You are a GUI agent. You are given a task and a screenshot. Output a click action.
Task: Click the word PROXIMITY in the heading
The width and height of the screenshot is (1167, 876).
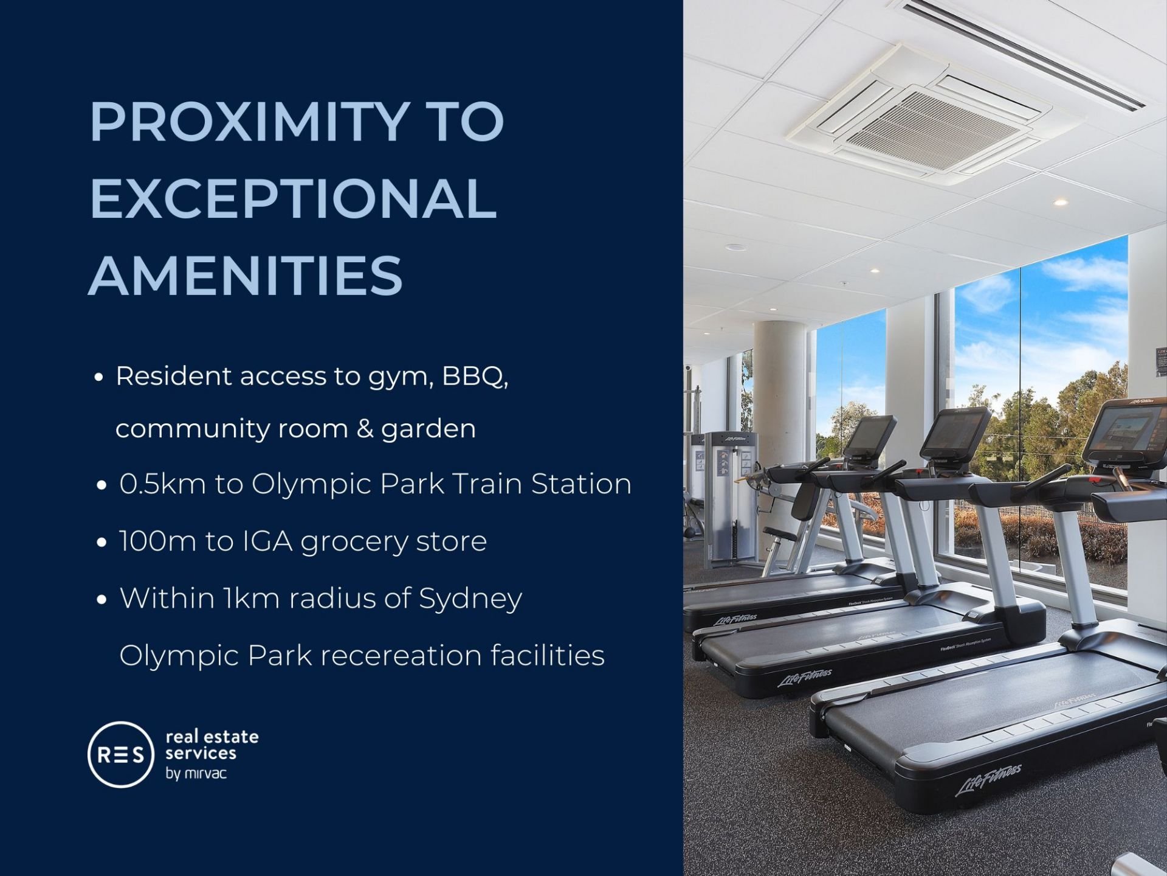tap(248, 122)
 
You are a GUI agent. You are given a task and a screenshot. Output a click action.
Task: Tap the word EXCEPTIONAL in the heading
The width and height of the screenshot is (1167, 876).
tap(294, 198)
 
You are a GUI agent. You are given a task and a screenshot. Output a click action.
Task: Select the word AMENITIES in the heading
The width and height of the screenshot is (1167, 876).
tap(246, 275)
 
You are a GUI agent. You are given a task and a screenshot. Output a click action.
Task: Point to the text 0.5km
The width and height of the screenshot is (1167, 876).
tap(162, 484)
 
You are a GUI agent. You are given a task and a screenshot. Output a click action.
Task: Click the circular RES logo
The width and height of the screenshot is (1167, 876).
tap(121, 754)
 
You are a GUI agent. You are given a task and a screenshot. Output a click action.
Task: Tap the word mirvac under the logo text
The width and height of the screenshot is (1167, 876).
tap(205, 774)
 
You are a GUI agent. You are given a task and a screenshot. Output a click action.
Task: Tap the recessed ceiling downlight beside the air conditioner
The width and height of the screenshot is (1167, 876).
tap(1061, 202)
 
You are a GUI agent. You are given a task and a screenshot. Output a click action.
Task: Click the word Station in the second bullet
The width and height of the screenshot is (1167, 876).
tap(581, 484)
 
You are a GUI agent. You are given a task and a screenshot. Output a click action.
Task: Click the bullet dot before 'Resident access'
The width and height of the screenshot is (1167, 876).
tap(98, 378)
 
